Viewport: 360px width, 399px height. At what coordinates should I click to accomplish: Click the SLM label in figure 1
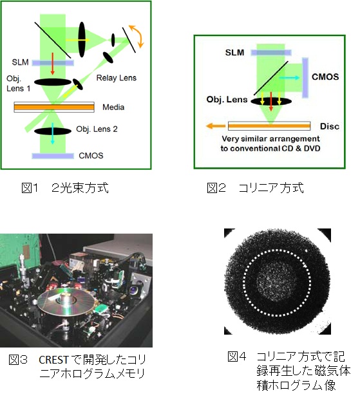point(20,62)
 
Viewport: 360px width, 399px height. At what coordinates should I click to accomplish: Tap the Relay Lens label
point(117,78)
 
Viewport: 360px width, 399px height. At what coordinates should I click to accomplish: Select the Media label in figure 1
point(113,107)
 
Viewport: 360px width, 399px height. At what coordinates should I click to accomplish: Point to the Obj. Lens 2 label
point(97,129)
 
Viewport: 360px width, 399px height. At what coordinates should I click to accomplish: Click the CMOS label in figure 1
point(91,156)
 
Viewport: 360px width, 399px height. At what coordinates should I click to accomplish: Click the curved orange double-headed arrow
point(137,35)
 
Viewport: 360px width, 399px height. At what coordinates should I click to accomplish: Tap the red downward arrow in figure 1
point(52,64)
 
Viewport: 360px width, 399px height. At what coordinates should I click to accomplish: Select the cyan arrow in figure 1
point(52,133)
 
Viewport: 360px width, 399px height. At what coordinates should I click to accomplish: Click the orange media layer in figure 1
point(54,107)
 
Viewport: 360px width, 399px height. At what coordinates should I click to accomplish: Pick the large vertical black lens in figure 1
point(82,39)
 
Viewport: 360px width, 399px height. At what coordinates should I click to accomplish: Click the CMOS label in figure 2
point(325,77)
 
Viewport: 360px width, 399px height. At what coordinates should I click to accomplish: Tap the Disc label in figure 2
point(330,126)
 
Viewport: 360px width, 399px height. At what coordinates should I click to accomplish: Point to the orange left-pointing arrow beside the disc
point(216,125)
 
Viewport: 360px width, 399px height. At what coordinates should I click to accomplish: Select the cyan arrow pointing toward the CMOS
point(289,78)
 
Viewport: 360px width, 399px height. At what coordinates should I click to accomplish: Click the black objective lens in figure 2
point(271,101)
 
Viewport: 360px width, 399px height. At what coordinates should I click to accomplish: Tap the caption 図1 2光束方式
point(65,188)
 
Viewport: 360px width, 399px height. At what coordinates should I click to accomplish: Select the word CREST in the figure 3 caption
point(53,360)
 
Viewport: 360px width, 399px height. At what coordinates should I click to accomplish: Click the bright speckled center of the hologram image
point(276,283)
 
